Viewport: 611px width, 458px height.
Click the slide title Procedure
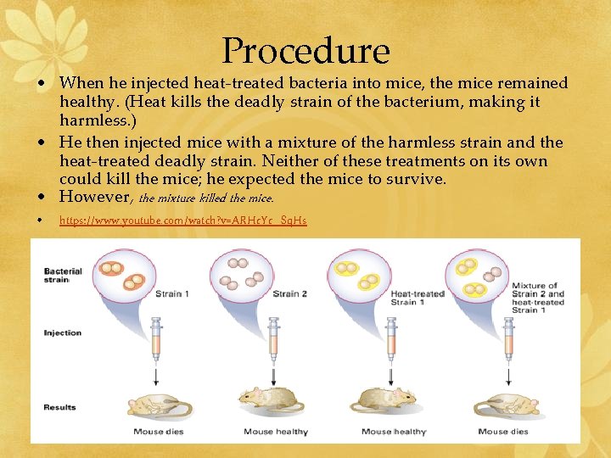click(305, 51)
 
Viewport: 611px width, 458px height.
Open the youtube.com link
click(182, 221)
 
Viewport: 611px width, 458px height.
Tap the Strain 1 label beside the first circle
click(173, 293)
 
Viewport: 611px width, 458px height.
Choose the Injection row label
click(62, 332)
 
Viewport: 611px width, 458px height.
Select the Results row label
click(59, 407)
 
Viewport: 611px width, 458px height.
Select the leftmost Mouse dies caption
click(160, 432)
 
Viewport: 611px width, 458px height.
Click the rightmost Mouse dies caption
click(504, 432)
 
